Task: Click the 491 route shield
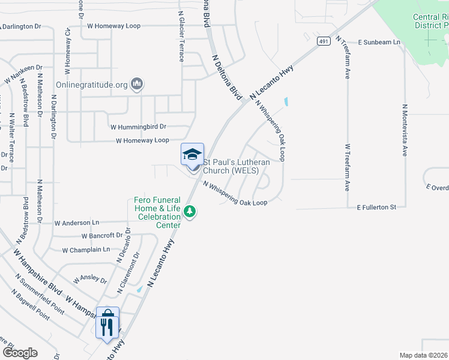coord(324,41)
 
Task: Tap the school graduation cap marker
coord(193,155)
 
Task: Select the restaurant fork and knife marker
coord(107,324)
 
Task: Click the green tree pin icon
coord(190,211)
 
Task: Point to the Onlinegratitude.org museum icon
coord(137,84)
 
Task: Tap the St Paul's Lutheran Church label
coord(237,166)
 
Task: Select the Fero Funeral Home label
coord(157,212)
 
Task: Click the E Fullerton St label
coord(376,207)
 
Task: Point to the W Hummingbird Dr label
coord(139,127)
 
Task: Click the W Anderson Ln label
coord(77,223)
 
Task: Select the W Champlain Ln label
coord(86,249)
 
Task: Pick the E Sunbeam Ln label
coord(379,43)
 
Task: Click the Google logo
coord(19,352)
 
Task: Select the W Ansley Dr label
coord(90,280)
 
